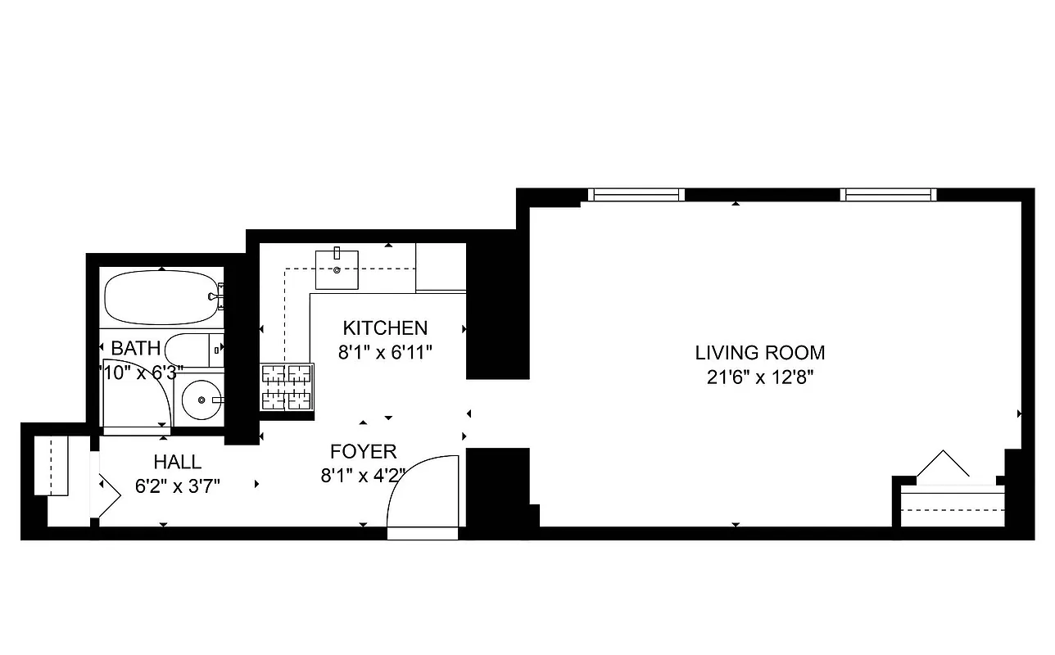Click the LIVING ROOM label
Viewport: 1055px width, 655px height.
(x=759, y=353)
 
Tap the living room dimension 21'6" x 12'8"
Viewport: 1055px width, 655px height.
(x=759, y=377)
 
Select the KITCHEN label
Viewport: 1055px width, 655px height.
(x=385, y=328)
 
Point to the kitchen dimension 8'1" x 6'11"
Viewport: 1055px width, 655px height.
(x=385, y=353)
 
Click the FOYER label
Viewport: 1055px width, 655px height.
(x=363, y=451)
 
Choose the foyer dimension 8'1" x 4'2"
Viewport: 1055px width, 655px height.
(x=363, y=476)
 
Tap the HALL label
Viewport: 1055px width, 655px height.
(x=178, y=462)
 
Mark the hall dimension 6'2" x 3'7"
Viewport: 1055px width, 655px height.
(x=178, y=486)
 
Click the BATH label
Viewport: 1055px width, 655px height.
(x=136, y=348)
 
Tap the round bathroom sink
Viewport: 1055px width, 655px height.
(x=200, y=400)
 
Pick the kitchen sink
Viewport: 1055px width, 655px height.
(x=337, y=269)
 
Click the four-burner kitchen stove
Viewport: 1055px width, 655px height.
(x=287, y=386)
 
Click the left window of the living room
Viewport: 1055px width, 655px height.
(x=636, y=195)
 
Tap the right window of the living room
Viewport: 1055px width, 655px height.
(x=888, y=195)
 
